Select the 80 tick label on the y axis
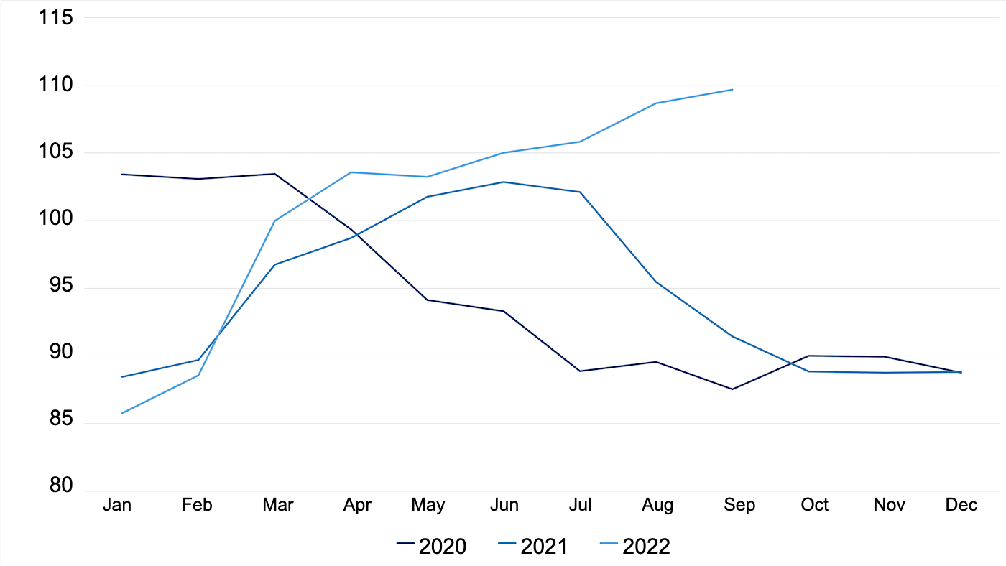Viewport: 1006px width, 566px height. point(60,487)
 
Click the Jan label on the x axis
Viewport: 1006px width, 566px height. point(117,505)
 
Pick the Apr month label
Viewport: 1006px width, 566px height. point(357,505)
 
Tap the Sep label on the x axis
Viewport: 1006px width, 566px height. point(739,505)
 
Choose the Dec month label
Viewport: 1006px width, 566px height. point(961,505)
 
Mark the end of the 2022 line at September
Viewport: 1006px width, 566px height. point(732,90)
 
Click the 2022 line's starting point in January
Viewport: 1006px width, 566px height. point(122,413)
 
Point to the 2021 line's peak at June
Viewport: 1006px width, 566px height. point(504,182)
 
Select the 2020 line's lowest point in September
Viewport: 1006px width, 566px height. point(732,389)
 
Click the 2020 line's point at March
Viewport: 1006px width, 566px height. point(275,174)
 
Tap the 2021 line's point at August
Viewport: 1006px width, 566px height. point(656,282)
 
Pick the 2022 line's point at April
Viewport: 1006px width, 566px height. point(351,172)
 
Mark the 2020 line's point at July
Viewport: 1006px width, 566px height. point(580,371)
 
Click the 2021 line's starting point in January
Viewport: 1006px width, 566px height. point(122,376)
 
